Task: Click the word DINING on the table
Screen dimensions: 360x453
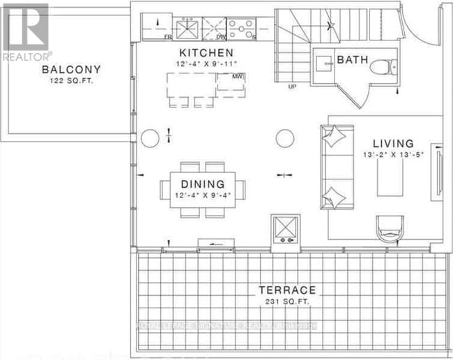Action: pos(205,183)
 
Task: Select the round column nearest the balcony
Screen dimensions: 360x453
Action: pos(149,138)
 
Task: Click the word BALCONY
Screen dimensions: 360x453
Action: pos(71,70)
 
